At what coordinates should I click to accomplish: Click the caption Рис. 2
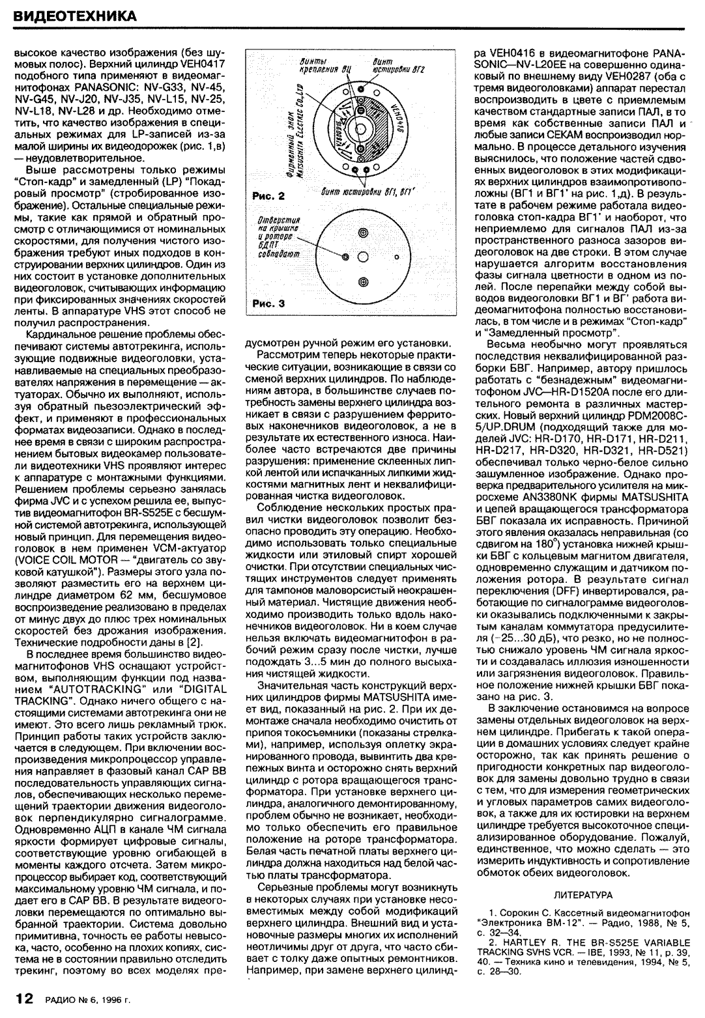click(266, 195)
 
